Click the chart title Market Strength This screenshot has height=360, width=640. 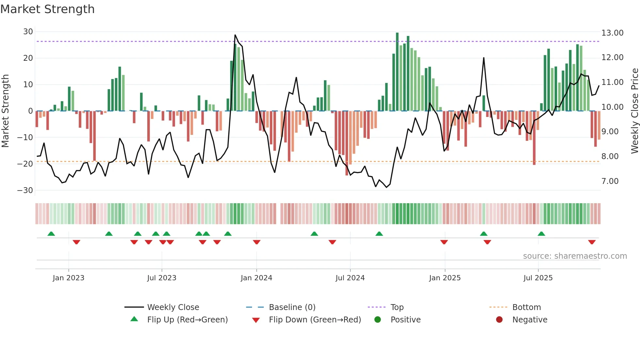tap(47, 9)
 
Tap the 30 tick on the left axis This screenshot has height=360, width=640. tap(28, 32)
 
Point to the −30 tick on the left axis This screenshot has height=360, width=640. tap(25, 190)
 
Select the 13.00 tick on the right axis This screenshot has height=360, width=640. tap(612, 33)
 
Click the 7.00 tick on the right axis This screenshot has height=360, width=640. tap(610, 181)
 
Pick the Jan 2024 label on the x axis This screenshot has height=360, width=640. tap(256, 278)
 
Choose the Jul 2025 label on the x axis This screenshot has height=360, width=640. tap(538, 278)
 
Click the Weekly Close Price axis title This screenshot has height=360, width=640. tap(634, 111)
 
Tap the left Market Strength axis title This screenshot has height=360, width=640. tap(5, 111)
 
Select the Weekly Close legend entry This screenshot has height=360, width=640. tap(173, 307)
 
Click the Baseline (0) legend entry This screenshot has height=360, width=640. tap(292, 307)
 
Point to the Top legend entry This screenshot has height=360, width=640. tap(397, 307)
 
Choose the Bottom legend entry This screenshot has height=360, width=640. tap(526, 307)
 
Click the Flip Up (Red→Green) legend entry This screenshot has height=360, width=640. tap(187, 320)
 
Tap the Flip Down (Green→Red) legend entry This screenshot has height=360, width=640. tap(315, 320)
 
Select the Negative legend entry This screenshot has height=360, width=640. tap(529, 320)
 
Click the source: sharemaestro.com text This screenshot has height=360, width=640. tap(575, 256)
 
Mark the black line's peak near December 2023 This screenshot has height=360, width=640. tap(235, 35)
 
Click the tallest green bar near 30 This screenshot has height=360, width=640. tap(397, 33)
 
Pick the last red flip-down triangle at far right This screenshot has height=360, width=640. tap(592, 242)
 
